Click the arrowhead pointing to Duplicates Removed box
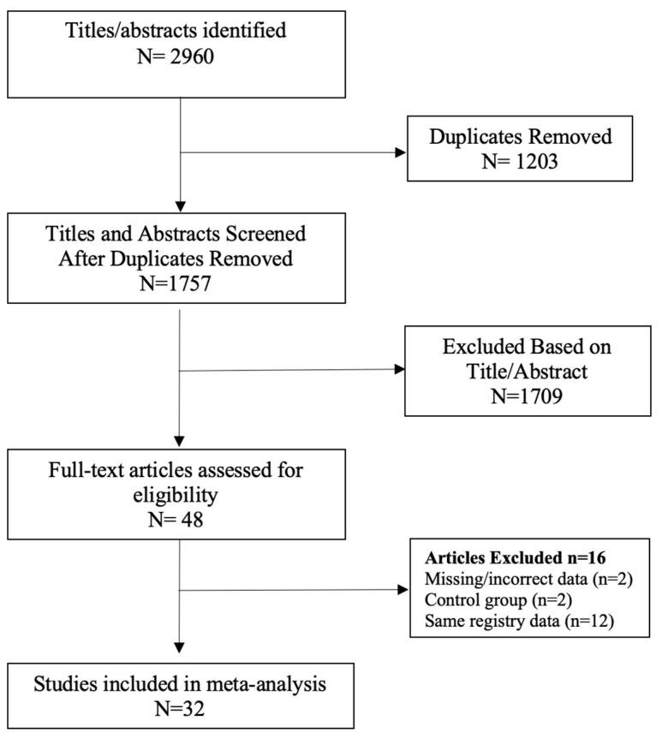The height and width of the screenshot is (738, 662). [x=400, y=154]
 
